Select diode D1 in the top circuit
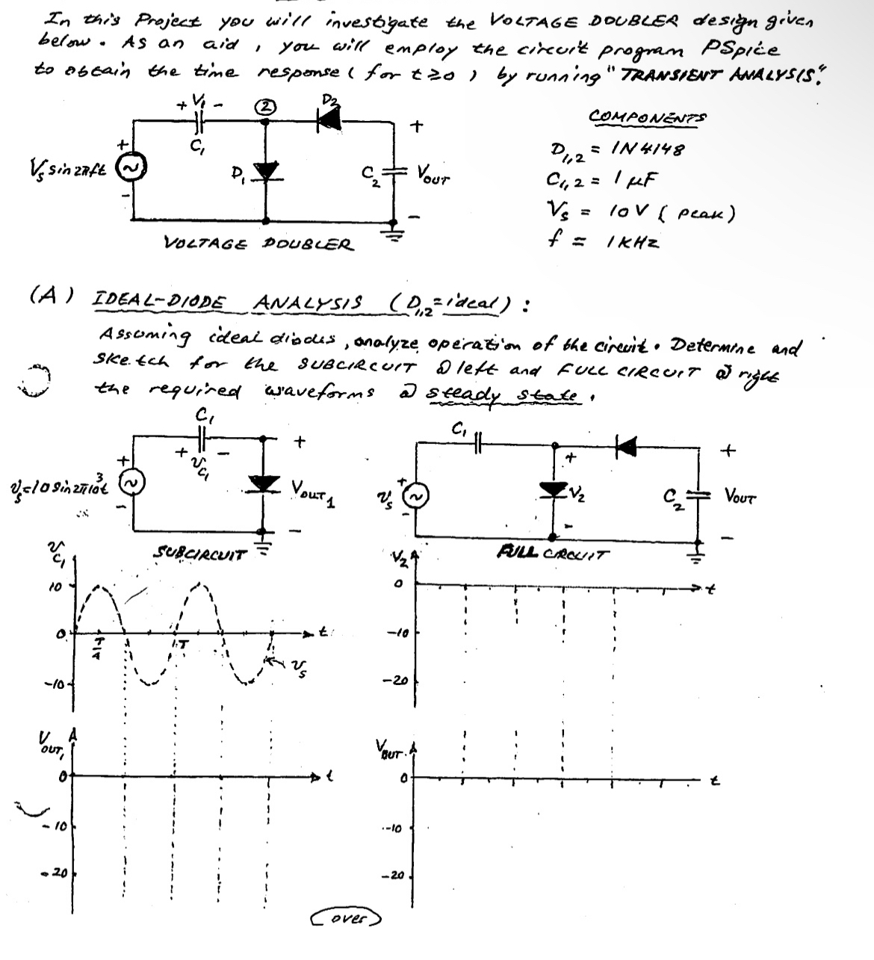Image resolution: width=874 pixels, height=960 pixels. click(267, 173)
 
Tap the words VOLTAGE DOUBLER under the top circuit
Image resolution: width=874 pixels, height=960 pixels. click(258, 243)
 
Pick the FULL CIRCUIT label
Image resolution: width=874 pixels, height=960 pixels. click(554, 554)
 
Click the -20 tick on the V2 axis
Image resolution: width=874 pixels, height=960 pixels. click(402, 681)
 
